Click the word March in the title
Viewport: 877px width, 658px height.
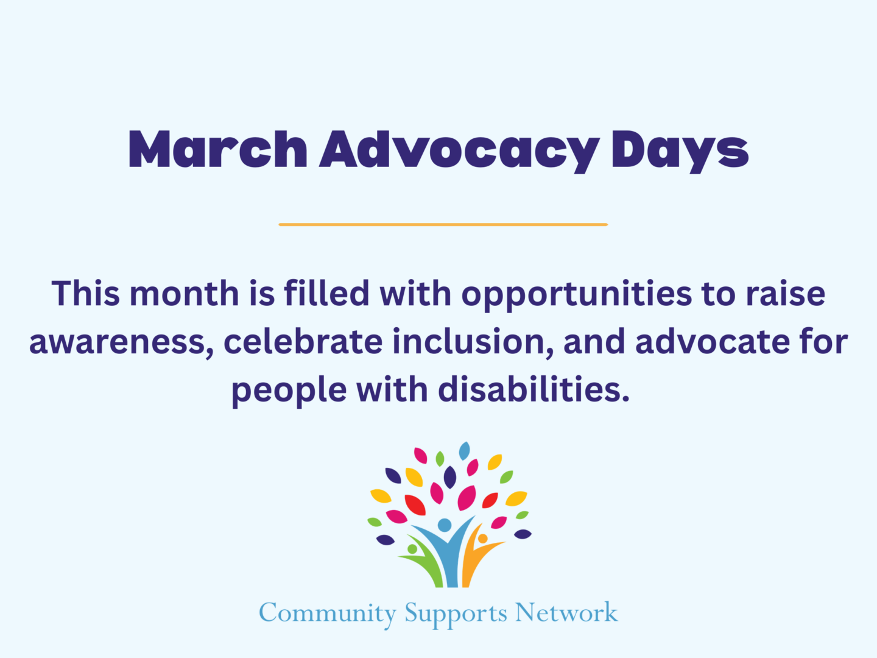pyautogui.click(x=217, y=149)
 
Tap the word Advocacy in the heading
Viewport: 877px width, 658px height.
pyautogui.click(x=460, y=150)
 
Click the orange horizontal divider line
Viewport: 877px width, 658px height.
pyautogui.click(x=443, y=225)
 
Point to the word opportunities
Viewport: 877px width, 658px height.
pyautogui.click(x=576, y=295)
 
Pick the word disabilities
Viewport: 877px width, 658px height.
pyautogui.click(x=534, y=389)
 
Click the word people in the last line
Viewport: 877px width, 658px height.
pyautogui.click(x=289, y=391)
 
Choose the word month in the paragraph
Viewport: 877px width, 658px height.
pyautogui.click(x=185, y=294)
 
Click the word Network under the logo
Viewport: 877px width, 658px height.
pyautogui.click(x=566, y=612)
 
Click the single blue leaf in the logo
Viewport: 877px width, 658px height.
pyautogui.click(x=464, y=451)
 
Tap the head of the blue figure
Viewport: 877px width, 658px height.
pyautogui.click(x=445, y=525)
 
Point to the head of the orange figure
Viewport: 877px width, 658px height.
pyautogui.click(x=482, y=539)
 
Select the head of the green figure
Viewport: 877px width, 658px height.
pyautogui.click(x=412, y=549)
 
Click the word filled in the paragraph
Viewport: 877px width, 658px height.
pyautogui.click(x=326, y=294)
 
